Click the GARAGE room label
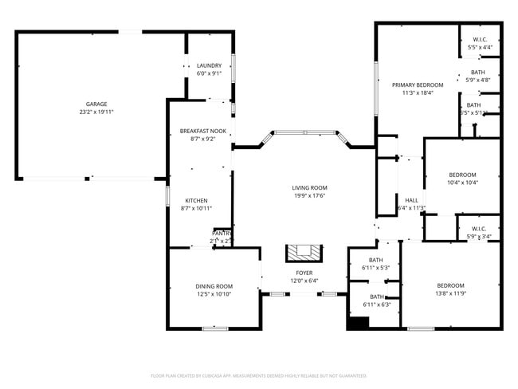coord(96,104)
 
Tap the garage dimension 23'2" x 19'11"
coord(96,112)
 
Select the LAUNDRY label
coord(209,65)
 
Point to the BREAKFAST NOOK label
coord(202,131)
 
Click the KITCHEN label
coord(197,200)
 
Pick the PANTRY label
coord(221,233)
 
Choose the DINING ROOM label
coord(214,286)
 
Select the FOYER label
coord(304,273)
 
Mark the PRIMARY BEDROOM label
coord(417,84)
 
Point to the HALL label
coord(411,200)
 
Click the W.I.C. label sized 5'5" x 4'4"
coord(480,39)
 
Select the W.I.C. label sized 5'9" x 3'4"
coord(480,228)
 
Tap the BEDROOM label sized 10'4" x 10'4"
coord(461,175)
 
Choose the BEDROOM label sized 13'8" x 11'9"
coord(449,285)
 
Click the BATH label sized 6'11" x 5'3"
coord(376,260)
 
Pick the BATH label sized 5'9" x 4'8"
coord(478,72)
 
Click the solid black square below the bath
coord(358,324)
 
